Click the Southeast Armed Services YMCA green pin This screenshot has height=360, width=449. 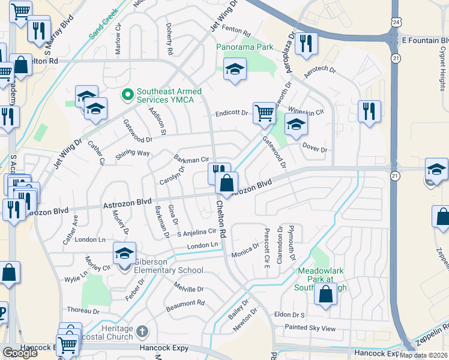127,95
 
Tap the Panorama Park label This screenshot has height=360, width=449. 245,47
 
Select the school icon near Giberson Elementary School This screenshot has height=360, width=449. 124,254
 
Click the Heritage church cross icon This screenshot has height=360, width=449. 142,331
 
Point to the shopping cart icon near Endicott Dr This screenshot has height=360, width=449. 264,113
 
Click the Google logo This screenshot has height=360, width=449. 20,353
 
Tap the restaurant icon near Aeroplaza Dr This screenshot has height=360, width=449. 307,44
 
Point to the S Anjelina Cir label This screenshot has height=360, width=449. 194,232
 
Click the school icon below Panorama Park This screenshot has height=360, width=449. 235,70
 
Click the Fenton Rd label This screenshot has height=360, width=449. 235,29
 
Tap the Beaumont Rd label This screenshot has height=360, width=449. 186,303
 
